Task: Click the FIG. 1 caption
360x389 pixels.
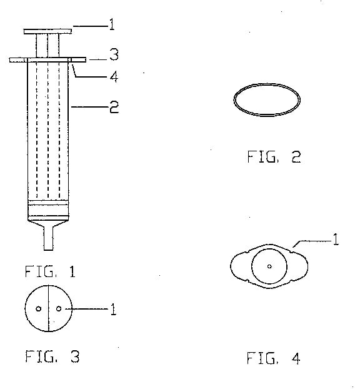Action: coord(50,271)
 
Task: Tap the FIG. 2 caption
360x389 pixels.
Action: coord(274,157)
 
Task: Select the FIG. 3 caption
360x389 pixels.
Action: coord(52,356)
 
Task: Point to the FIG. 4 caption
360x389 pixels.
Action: coord(274,358)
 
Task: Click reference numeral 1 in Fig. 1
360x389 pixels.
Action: coord(112,24)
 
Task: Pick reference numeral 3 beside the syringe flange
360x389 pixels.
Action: coord(114,55)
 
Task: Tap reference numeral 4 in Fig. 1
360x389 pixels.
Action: coord(114,76)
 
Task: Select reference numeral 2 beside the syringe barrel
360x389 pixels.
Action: coord(114,107)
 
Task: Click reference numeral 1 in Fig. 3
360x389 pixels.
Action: coord(113,309)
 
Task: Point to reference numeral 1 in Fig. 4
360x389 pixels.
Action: coord(336,240)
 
